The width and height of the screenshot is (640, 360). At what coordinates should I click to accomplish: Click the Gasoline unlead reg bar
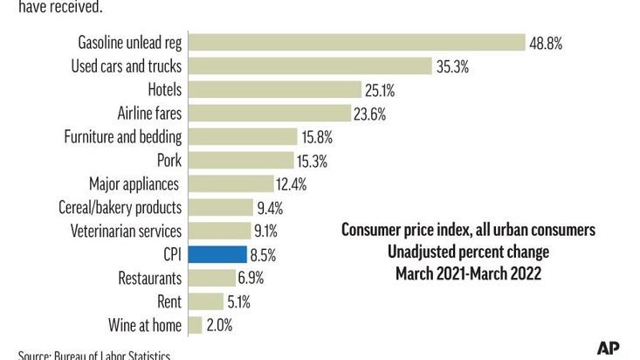(356, 42)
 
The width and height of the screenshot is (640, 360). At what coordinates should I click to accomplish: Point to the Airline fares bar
(272, 113)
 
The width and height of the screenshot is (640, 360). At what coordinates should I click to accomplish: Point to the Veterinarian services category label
(125, 231)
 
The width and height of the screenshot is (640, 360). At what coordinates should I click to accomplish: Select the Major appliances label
(134, 183)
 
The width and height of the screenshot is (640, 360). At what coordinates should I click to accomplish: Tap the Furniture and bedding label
(123, 136)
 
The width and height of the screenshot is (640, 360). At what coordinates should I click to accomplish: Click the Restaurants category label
(149, 278)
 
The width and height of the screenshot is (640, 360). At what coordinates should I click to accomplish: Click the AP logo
(609, 347)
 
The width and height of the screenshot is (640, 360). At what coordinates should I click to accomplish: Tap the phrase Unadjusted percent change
(468, 253)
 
